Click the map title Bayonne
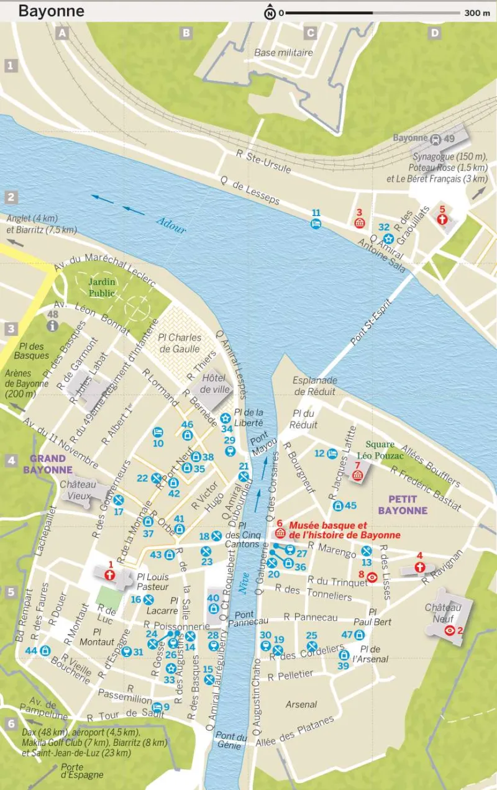tap(52, 11)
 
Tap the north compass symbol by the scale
tap(270, 12)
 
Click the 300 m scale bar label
tap(477, 13)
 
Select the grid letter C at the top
tap(310, 34)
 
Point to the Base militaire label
tap(283, 53)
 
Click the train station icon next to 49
tap(436, 138)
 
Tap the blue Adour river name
tap(171, 226)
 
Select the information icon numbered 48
tap(53, 325)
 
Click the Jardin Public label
tap(101, 287)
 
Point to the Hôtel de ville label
tap(216, 384)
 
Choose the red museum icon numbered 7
tap(357, 475)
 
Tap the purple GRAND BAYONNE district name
tap(48, 465)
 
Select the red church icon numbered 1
tap(110, 575)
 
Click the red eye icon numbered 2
tap(450, 630)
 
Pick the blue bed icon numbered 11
tap(316, 224)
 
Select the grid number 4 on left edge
tap(11, 461)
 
